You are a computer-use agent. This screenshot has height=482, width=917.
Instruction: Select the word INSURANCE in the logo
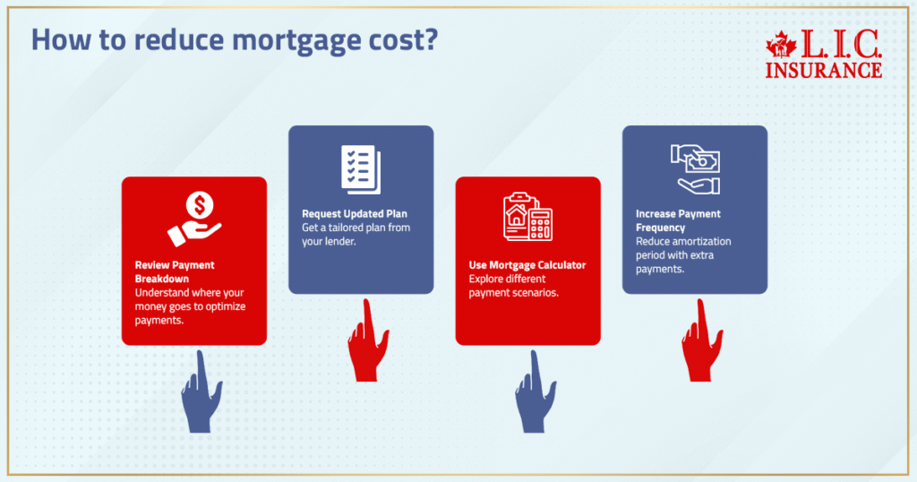[823, 69]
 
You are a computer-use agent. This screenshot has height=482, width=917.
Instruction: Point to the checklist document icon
[361, 168]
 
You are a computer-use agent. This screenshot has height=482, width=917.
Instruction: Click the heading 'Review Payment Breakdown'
[175, 271]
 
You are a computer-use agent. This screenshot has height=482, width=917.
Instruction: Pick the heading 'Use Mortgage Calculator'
[527, 266]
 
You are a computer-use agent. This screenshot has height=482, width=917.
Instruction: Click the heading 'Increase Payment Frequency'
[678, 221]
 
